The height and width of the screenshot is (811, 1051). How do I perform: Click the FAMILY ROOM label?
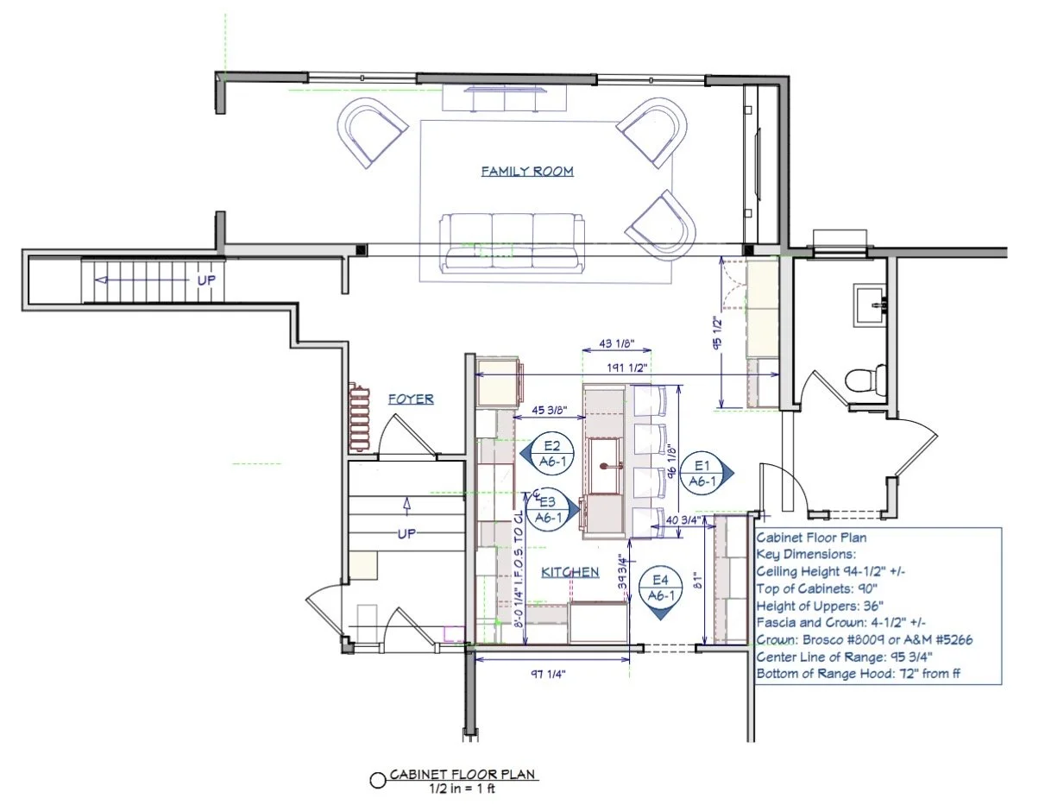(527, 172)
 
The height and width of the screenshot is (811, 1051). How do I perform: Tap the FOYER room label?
(411, 399)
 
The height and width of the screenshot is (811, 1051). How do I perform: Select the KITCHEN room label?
(570, 572)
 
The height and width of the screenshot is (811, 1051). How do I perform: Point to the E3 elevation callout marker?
(545, 509)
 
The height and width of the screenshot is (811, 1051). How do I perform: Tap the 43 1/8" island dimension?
(616, 344)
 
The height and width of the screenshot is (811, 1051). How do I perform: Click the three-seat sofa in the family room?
(511, 240)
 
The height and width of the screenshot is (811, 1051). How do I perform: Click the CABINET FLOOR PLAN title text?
(463, 775)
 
